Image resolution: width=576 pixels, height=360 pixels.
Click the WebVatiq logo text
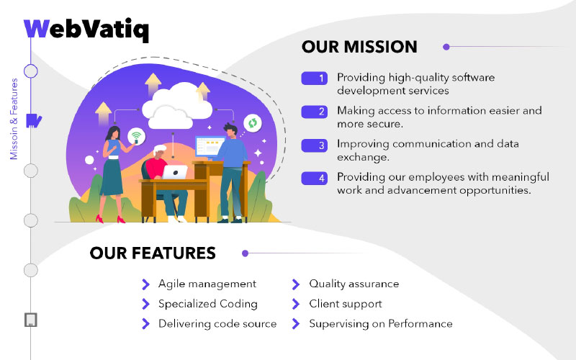click(x=86, y=29)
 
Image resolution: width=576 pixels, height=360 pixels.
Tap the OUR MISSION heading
click(x=359, y=47)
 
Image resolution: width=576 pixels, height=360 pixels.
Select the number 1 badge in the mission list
click(x=314, y=78)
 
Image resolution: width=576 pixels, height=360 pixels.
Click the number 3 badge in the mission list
click(x=314, y=145)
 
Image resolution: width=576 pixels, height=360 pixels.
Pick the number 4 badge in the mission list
click(x=314, y=179)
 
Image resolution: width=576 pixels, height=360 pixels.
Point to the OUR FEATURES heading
click(x=153, y=253)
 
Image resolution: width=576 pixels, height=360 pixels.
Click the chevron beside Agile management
click(x=146, y=284)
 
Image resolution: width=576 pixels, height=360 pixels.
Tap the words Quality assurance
click(x=354, y=284)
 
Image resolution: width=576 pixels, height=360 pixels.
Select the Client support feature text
click(x=346, y=304)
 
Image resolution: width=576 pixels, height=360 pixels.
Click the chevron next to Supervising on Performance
click(x=296, y=323)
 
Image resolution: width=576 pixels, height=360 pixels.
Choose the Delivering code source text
click(x=217, y=323)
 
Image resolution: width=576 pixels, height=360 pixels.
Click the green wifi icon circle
click(x=136, y=136)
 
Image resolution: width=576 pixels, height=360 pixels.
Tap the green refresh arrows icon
click(x=253, y=123)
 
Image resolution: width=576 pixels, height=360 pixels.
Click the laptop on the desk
click(x=174, y=172)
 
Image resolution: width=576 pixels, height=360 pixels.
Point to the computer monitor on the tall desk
click(x=210, y=147)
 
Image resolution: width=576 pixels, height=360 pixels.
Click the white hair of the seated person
click(x=160, y=149)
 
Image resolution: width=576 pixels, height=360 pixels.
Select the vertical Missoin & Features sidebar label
click(x=14, y=119)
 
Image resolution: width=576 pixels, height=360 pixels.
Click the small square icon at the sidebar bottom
click(x=31, y=320)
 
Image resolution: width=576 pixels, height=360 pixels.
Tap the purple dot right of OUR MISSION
click(x=446, y=47)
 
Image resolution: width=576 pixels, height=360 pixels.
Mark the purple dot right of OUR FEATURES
click(x=245, y=253)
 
